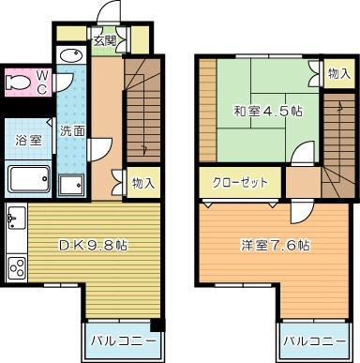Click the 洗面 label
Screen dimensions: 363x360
(70, 130)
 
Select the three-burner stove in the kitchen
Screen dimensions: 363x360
(18, 267)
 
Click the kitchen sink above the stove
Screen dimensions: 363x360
(16, 223)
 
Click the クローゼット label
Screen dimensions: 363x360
(240, 182)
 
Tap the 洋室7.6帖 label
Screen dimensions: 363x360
(273, 246)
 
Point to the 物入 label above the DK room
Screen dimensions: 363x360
(143, 182)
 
